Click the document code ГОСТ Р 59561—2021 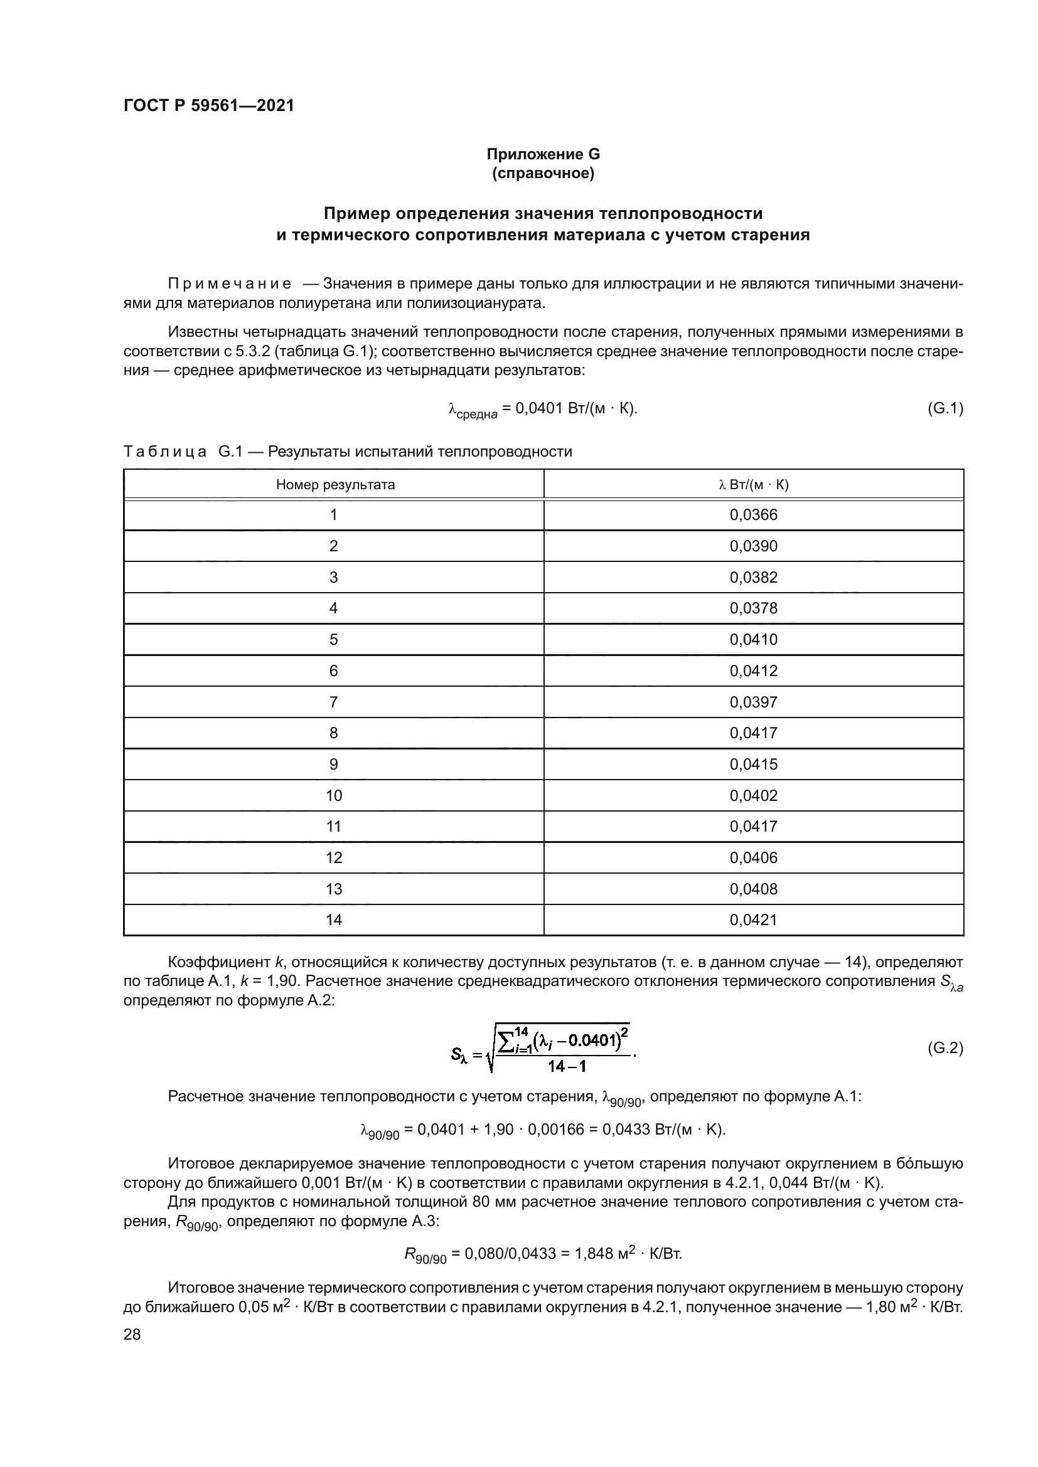pyautogui.click(x=209, y=106)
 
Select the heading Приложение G pyautogui.click(x=543, y=154)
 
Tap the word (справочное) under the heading pyautogui.click(x=543, y=173)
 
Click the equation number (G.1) pyautogui.click(x=944, y=408)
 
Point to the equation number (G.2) pyautogui.click(x=944, y=1048)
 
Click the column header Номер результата pyautogui.click(x=335, y=484)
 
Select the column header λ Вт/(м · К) pyautogui.click(x=754, y=484)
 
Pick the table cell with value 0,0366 pyautogui.click(x=754, y=515)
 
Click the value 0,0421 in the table pyautogui.click(x=754, y=919)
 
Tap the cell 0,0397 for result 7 pyautogui.click(x=754, y=702)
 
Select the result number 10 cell pyautogui.click(x=334, y=795)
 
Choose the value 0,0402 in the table pyautogui.click(x=754, y=795)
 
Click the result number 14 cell pyautogui.click(x=334, y=919)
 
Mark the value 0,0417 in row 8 pyautogui.click(x=754, y=733)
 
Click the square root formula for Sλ pyautogui.click(x=543, y=1049)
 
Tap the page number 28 pyautogui.click(x=132, y=1334)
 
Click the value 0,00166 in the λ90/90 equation pyautogui.click(x=557, y=1129)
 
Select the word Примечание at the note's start pyautogui.click(x=230, y=283)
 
